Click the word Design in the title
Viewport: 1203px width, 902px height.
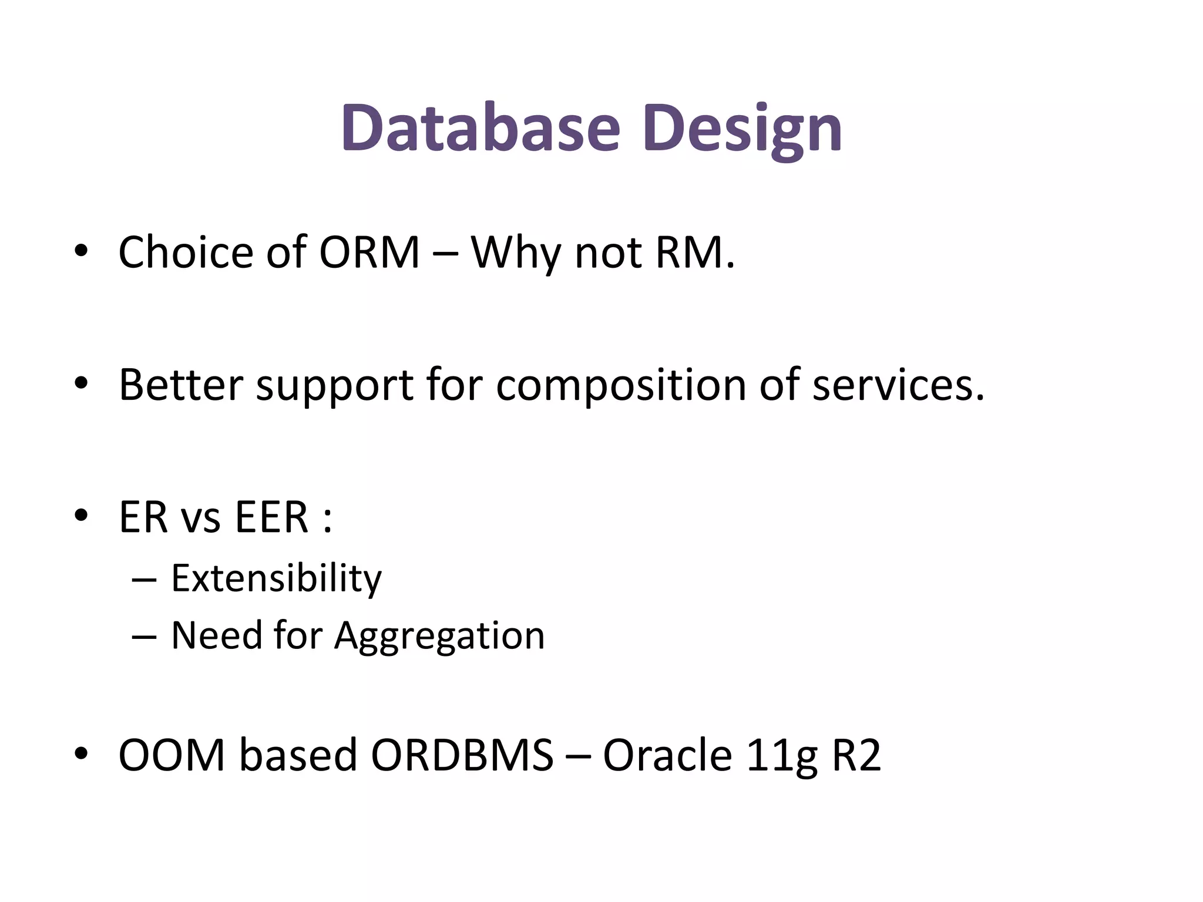coord(742,128)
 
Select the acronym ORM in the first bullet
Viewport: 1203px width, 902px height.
coord(369,253)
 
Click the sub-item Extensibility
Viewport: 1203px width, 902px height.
coord(276,578)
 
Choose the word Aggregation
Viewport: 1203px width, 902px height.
coord(439,635)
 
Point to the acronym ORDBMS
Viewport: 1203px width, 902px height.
coord(462,755)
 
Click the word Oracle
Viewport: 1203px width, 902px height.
coord(667,755)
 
